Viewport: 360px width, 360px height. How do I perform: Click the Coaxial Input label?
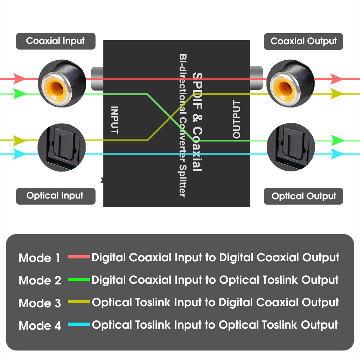[56, 41]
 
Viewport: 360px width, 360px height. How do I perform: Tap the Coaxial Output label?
[303, 41]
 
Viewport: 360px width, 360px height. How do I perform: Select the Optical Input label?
[55, 196]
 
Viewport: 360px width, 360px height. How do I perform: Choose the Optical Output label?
[303, 196]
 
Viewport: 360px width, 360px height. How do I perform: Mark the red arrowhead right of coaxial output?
[336, 78]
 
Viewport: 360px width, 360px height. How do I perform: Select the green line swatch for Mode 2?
[79, 280]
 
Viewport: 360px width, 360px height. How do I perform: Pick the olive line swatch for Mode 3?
[79, 302]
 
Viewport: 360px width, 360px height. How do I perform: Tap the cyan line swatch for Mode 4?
[79, 324]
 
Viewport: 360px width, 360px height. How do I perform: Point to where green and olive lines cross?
[173, 117]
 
